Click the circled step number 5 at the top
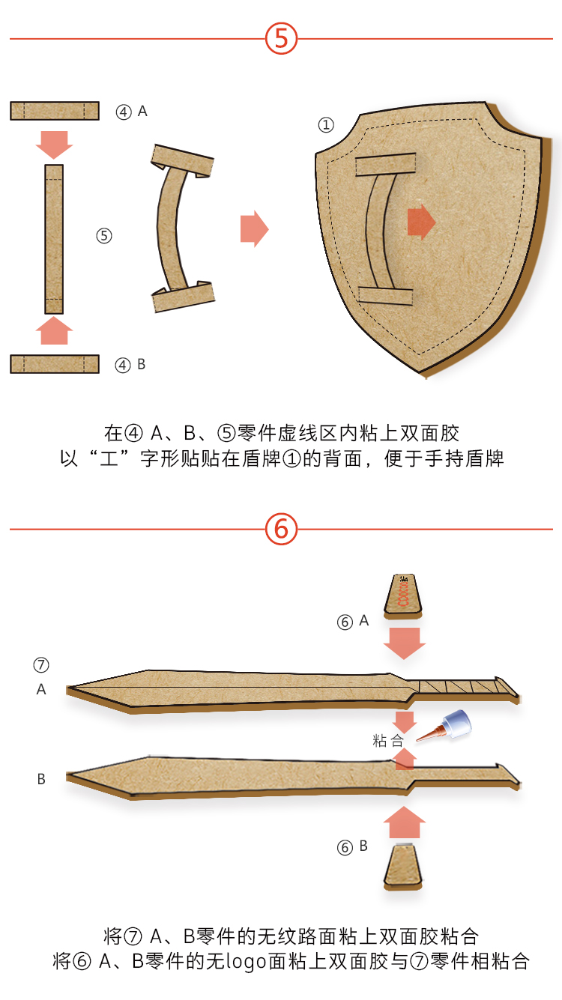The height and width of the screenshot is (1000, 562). click(281, 38)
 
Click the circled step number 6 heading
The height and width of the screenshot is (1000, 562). click(281, 529)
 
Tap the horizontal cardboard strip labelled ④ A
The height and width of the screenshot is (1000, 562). click(55, 111)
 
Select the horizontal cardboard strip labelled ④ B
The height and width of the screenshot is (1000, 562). click(55, 364)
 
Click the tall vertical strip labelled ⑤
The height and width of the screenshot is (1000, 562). click(54, 239)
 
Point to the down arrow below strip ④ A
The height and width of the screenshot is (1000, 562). click(54, 145)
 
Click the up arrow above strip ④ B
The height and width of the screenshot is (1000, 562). click(54, 330)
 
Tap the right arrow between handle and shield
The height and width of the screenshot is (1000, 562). click(254, 228)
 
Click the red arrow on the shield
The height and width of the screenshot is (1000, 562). click(421, 222)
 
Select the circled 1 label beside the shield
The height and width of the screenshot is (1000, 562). click(326, 124)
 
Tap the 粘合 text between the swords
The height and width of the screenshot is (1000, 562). click(388, 742)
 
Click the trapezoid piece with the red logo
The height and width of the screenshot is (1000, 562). click(403, 596)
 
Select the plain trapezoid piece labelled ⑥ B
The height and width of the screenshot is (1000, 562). click(403, 866)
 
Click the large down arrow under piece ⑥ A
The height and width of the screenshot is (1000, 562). click(405, 643)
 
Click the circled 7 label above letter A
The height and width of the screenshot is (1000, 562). click(41, 664)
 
